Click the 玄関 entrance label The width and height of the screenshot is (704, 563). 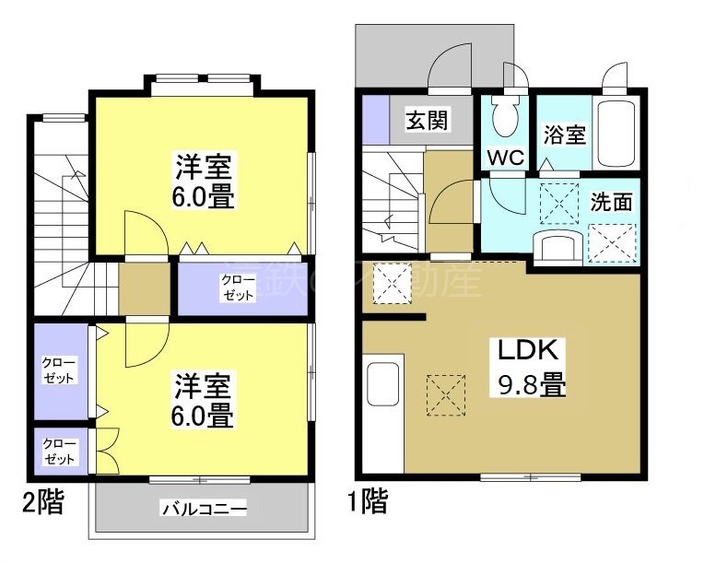click(428, 121)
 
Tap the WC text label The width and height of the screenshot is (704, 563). click(505, 158)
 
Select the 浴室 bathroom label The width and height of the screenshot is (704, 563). click(564, 135)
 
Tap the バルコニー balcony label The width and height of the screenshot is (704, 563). click(204, 508)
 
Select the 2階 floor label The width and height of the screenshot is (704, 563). click(43, 502)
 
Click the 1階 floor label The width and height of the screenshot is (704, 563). click(366, 502)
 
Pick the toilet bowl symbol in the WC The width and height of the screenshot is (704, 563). click(505, 116)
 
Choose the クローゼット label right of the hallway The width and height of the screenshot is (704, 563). click(240, 287)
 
